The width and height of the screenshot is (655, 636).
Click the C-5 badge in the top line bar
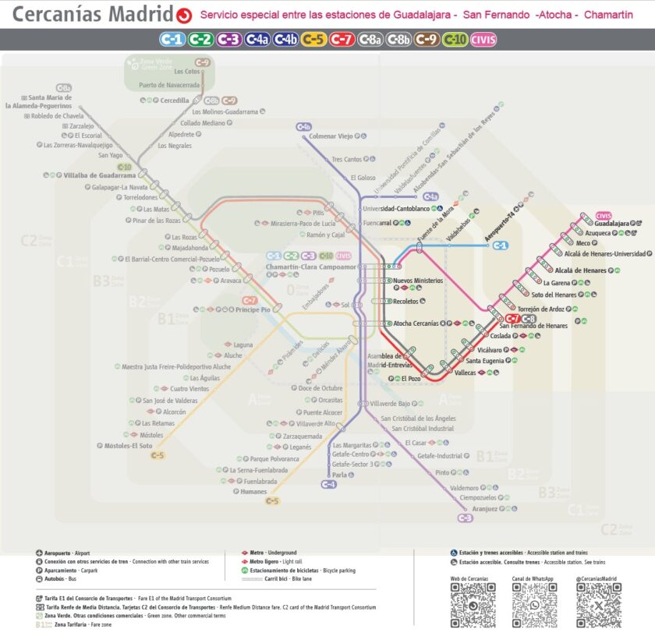pyautogui.click(x=313, y=40)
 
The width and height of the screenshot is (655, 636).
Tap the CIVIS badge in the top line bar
pyautogui.click(x=483, y=40)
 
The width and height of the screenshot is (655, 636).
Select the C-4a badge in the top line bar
pyautogui.click(x=257, y=40)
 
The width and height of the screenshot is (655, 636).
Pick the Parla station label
pyautogui.click(x=339, y=475)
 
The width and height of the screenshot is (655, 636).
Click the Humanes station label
pyautogui.click(x=254, y=492)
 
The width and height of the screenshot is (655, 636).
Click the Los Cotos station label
pyautogui.click(x=187, y=72)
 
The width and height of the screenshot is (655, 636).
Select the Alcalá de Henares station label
pyautogui.click(x=580, y=270)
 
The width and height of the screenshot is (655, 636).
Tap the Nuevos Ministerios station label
pyautogui.click(x=417, y=281)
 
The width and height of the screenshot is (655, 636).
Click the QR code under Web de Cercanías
pyautogui.click(x=473, y=606)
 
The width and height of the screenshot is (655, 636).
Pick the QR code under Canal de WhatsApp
pyautogui.click(x=534, y=606)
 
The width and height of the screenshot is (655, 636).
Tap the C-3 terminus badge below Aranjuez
pyautogui.click(x=466, y=518)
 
